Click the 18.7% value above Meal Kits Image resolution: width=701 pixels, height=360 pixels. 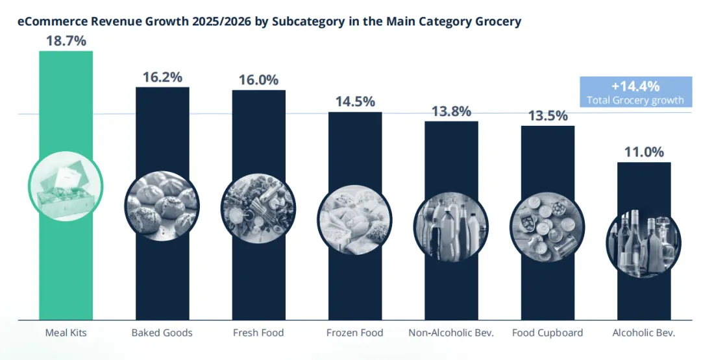coord(66,41)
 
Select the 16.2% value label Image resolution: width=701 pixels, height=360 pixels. coord(162,77)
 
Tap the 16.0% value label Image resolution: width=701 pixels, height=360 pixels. coord(258,80)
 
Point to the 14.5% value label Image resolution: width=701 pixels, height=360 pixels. coord(355,102)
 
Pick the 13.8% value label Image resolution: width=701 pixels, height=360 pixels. coord(451,111)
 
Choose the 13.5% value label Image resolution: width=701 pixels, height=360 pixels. coord(548,115)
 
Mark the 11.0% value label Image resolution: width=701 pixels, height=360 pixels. coord(644,152)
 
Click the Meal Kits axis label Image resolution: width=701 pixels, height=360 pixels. coord(66,333)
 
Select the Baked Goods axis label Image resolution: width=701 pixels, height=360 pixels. coord(162,333)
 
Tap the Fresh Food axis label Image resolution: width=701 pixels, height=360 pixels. coord(258,333)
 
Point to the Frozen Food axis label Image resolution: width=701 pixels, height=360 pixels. coord(355,333)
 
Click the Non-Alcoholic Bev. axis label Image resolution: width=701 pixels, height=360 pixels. coord(451,333)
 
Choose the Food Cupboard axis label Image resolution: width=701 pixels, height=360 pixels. coord(548,333)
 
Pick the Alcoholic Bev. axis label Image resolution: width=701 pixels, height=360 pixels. coord(644,333)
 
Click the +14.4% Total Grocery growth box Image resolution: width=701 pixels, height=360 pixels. coord(635,92)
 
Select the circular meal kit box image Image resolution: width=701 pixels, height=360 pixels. coord(66,186)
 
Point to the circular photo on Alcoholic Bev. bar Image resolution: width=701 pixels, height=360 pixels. coord(643,241)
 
